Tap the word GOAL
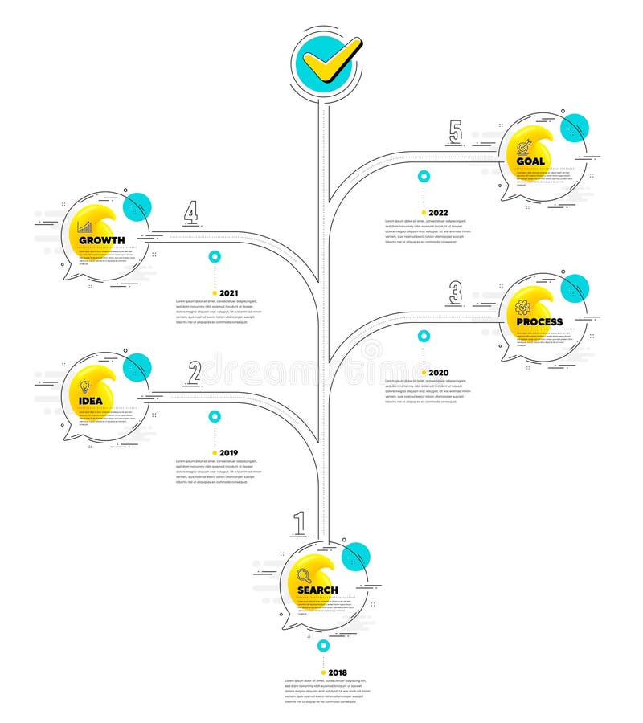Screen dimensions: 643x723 point(531,161)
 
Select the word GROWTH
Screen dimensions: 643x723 point(101,240)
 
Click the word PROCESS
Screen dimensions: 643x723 point(539,321)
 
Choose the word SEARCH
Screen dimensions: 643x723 point(317,590)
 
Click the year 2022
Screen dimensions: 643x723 point(438,213)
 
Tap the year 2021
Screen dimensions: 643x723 point(229,293)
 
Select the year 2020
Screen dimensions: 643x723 point(438,373)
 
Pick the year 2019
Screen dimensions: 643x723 point(229,452)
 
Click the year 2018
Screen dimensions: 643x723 point(338,672)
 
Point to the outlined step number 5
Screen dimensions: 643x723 point(456,131)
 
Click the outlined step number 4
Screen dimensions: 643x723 point(190,212)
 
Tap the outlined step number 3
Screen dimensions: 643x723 point(456,292)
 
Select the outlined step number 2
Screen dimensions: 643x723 point(194,371)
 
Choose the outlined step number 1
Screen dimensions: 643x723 point(300,523)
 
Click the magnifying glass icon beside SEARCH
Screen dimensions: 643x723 point(304,574)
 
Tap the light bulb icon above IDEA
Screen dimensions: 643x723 point(84,385)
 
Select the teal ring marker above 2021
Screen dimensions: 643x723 point(214,257)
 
